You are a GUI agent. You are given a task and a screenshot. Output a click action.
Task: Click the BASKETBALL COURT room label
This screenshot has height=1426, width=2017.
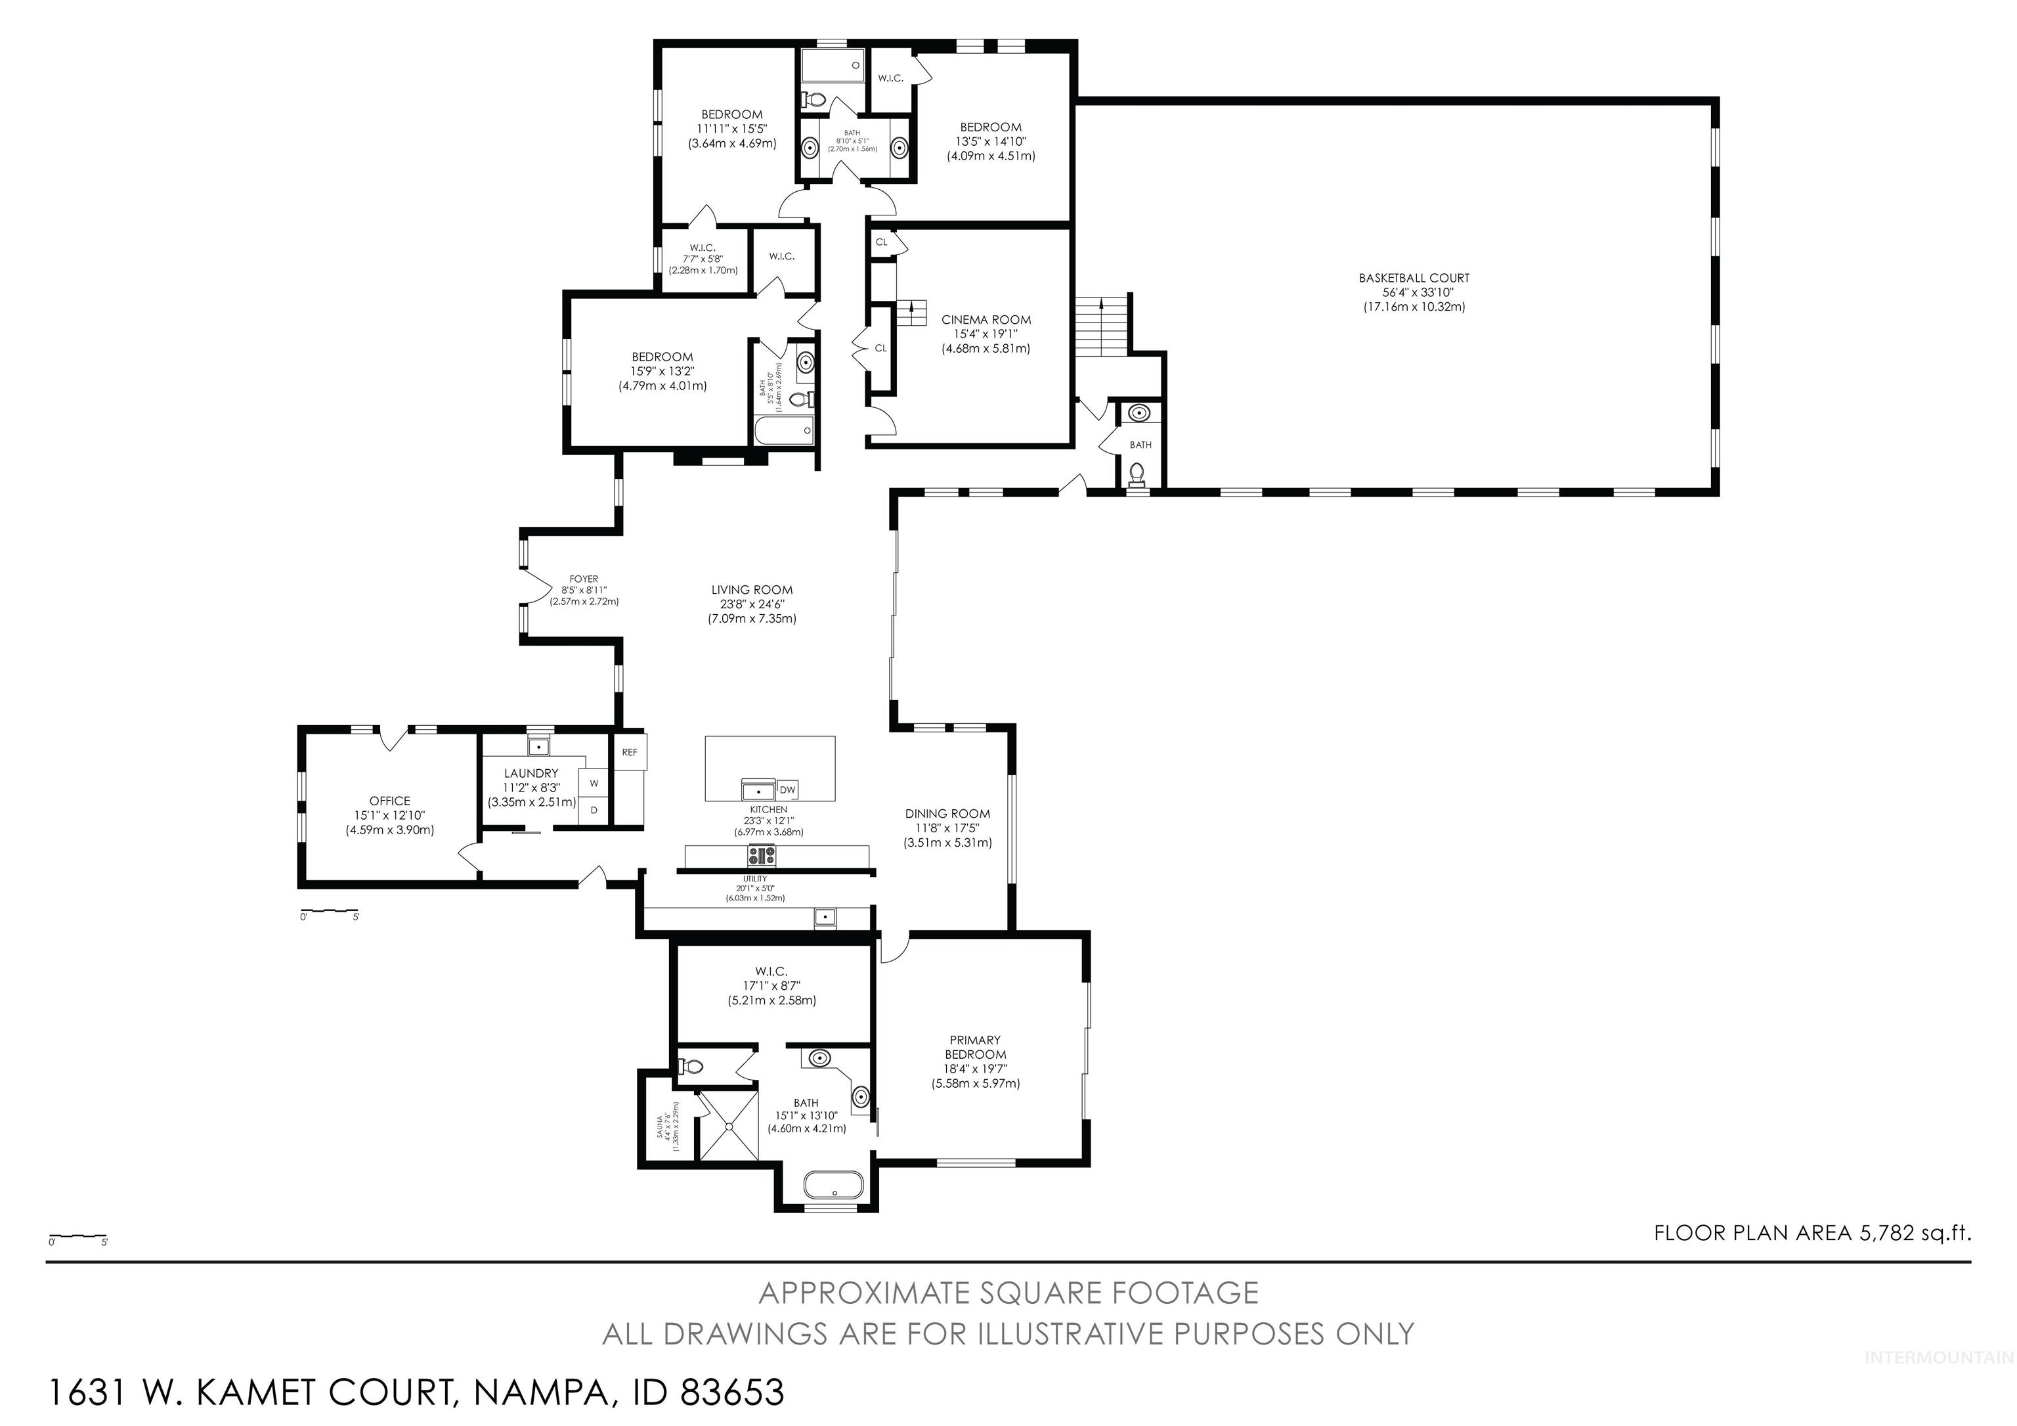(x=1414, y=292)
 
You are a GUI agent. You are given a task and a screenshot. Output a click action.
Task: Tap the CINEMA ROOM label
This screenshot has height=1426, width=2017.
(x=986, y=333)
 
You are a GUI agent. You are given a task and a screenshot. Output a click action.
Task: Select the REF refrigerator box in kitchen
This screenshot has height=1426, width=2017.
(x=630, y=752)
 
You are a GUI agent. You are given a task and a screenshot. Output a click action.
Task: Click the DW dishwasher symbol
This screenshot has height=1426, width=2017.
(x=787, y=789)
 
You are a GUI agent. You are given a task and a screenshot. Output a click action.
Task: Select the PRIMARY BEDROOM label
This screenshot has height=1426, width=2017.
(x=975, y=1061)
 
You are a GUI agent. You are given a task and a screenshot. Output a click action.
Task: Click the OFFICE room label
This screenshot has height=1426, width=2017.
(x=389, y=814)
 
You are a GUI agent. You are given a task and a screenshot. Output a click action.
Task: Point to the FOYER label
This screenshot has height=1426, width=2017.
(x=584, y=590)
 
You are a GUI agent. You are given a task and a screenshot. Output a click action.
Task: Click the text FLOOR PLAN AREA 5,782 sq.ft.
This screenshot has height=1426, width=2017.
(x=1812, y=1233)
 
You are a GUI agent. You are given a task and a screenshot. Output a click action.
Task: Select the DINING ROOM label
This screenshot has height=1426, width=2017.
(x=948, y=828)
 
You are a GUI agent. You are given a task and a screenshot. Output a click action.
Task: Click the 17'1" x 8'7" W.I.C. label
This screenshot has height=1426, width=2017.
(x=771, y=985)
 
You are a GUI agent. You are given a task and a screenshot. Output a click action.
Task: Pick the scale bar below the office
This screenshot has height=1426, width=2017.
(x=330, y=911)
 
